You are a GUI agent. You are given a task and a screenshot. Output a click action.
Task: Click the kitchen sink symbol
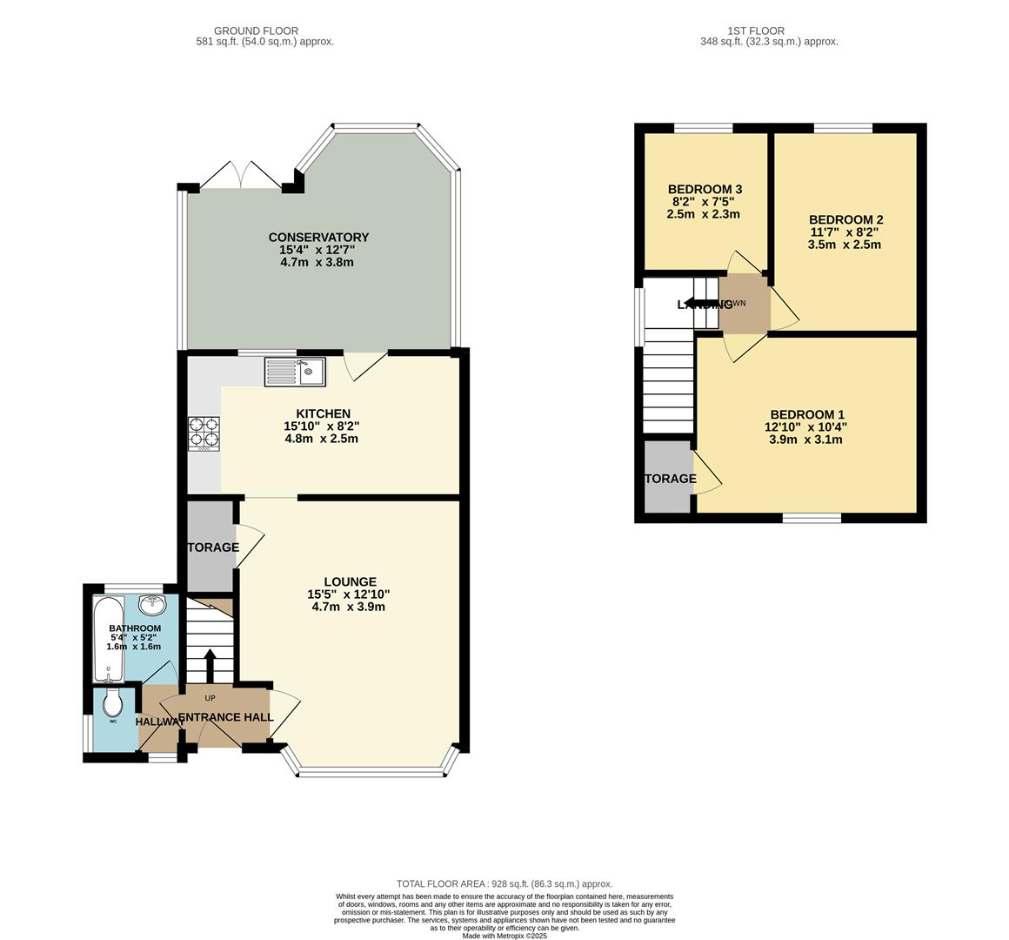pos(295,372)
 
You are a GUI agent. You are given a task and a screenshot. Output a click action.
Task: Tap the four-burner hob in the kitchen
pos(204,433)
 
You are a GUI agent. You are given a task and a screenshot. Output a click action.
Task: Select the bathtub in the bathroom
pos(109,640)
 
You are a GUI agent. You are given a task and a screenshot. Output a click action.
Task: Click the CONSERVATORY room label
pos(318,238)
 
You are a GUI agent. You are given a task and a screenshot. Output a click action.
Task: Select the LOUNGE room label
pos(350,581)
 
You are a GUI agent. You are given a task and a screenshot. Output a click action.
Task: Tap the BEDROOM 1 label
pos(806,415)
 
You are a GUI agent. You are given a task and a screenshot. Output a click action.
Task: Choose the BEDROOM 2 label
pos(845,219)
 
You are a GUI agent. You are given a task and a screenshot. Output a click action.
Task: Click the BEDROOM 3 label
pos(705,189)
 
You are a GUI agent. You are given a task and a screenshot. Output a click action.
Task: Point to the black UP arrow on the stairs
pos(210,667)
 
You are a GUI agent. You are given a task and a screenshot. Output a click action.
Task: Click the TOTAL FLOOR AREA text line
pos(504,883)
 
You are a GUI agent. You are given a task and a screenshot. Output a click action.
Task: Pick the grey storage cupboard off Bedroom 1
pos(667,478)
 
